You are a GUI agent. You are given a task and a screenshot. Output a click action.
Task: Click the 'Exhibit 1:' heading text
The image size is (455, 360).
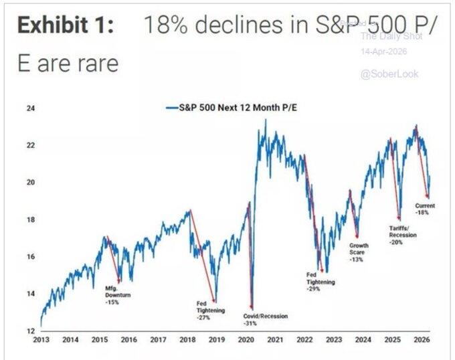click(x=64, y=27)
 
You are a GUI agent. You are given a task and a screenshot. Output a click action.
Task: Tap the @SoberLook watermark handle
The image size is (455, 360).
click(x=389, y=74)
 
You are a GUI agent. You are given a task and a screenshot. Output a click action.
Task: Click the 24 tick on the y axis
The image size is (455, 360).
click(x=30, y=108)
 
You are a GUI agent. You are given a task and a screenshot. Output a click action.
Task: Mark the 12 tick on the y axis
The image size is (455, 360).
click(x=30, y=331)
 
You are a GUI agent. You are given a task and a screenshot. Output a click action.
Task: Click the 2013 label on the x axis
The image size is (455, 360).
click(x=41, y=340)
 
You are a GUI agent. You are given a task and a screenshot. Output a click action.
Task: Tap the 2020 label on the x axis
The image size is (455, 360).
click(x=246, y=340)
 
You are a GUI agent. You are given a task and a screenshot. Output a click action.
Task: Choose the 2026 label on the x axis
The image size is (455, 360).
click(x=422, y=340)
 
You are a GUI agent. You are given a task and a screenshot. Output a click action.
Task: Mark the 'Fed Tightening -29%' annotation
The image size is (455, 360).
click(x=321, y=282)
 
